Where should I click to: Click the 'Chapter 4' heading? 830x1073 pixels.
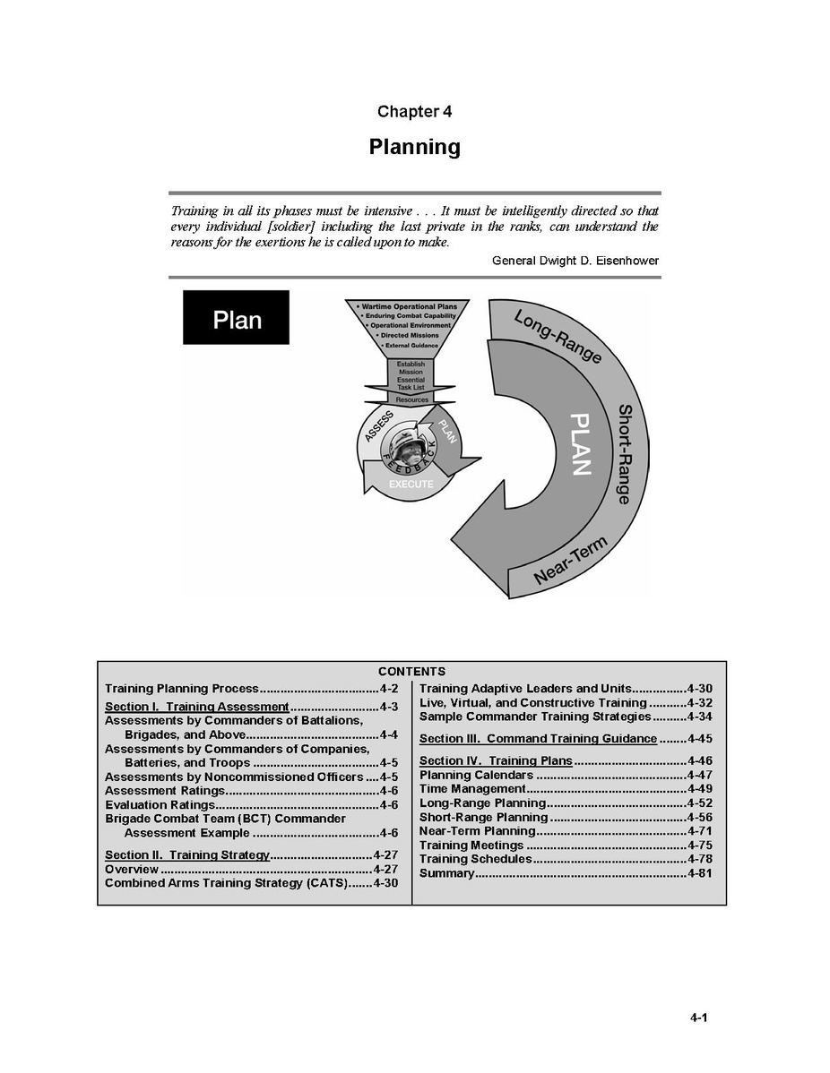click(414, 112)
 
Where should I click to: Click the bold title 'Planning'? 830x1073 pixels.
click(414, 147)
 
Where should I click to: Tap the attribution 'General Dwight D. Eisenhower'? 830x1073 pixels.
click(575, 261)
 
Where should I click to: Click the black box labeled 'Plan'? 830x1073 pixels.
click(237, 318)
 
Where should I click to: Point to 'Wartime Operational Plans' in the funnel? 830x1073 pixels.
click(410, 306)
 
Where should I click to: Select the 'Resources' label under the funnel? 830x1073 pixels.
click(411, 399)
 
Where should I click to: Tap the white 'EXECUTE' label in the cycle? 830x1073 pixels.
click(411, 485)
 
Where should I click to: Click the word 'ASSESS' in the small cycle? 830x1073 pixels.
click(379, 426)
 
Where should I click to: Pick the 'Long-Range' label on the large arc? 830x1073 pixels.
click(558, 337)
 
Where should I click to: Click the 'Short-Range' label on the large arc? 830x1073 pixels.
click(625, 454)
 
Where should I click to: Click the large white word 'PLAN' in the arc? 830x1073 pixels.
click(580, 444)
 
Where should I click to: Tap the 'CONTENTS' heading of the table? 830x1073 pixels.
click(411, 672)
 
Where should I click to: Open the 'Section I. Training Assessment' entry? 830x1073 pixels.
click(196, 706)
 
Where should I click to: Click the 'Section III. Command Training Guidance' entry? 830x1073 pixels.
click(539, 738)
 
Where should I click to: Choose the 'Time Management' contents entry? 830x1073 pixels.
click(472, 789)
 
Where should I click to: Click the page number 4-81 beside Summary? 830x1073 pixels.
click(700, 873)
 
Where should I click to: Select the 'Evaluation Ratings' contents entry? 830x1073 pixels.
click(160, 804)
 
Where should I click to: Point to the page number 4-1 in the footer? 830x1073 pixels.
click(699, 1017)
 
